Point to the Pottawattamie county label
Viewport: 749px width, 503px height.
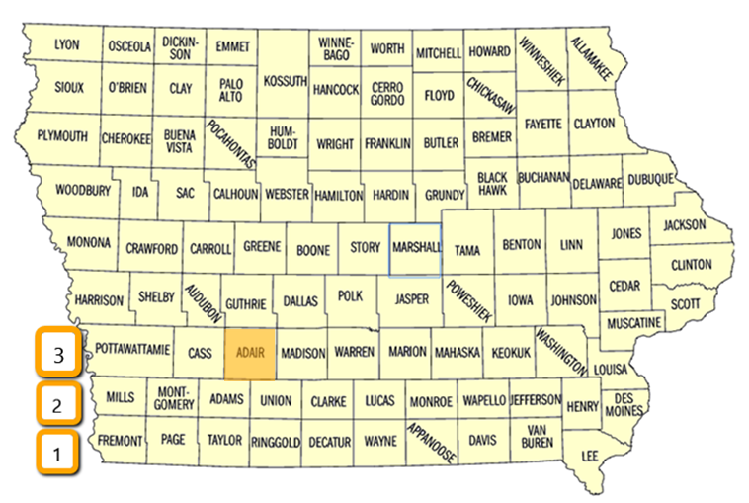point(133,350)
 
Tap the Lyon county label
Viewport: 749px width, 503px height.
point(67,45)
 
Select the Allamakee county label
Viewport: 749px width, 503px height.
point(591,58)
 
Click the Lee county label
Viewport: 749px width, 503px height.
point(591,454)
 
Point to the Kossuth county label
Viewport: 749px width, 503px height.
point(287,81)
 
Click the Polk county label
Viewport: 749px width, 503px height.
point(351,295)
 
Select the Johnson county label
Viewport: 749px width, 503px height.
point(573,299)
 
